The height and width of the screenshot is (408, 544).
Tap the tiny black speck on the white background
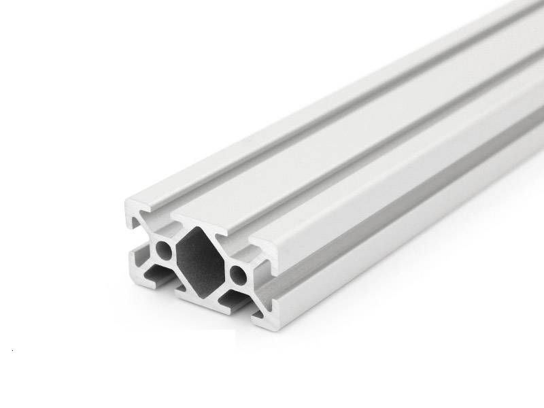click(x=14, y=351)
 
